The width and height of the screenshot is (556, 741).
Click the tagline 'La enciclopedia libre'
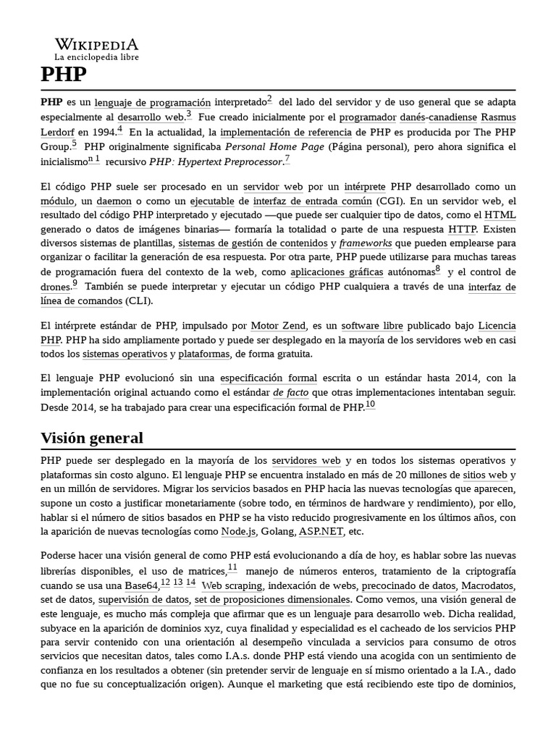pyautogui.click(x=96, y=56)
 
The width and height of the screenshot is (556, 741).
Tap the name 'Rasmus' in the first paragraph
pyautogui.click(x=499, y=117)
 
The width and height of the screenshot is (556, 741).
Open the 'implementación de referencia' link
pyautogui.click(x=286, y=132)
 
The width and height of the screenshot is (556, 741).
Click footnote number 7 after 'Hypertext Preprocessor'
pyautogui.click(x=287, y=159)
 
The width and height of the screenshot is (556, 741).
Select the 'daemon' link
pyautogui.click(x=115, y=201)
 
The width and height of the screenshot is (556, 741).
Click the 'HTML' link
pyautogui.click(x=500, y=215)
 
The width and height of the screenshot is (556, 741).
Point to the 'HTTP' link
pyautogui.click(x=463, y=229)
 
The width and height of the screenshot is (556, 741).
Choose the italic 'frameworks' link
pyautogui.click(x=366, y=243)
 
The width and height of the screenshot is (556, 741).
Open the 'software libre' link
pyautogui.click(x=372, y=326)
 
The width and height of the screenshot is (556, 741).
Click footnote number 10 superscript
pyautogui.click(x=370, y=405)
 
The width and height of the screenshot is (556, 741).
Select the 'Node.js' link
pyautogui.click(x=240, y=531)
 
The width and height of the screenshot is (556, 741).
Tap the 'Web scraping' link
pyautogui.click(x=232, y=585)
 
